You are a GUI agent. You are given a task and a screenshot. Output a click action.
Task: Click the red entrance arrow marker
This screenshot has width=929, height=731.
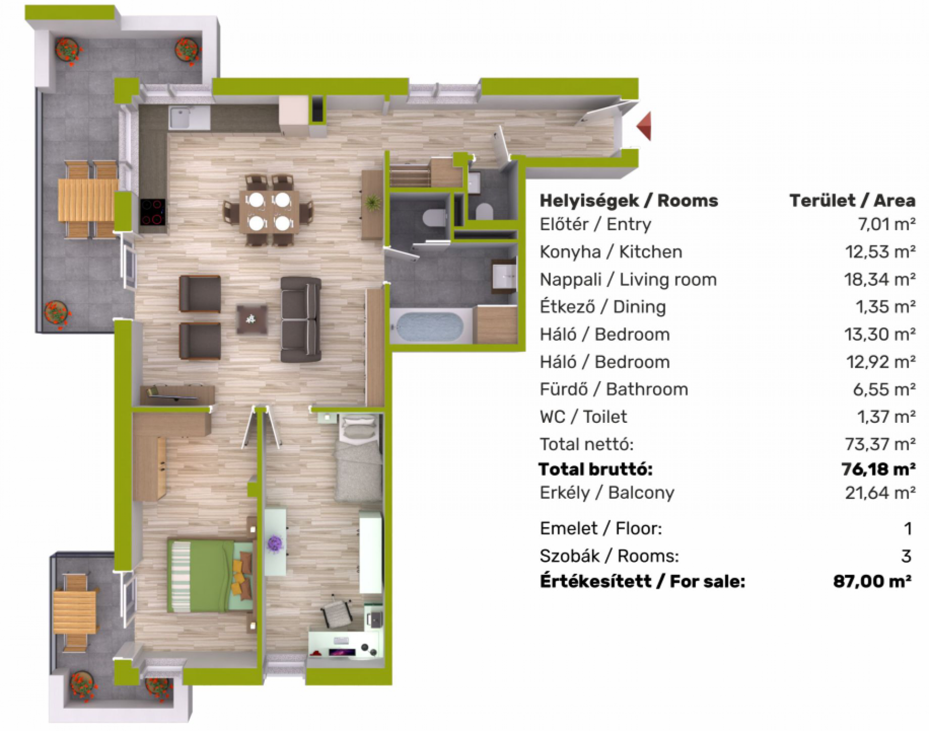tap(644, 126)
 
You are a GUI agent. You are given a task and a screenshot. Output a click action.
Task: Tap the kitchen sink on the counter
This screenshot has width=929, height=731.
tap(189, 118)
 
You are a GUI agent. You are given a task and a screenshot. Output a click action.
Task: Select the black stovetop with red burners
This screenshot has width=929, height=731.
tap(152, 212)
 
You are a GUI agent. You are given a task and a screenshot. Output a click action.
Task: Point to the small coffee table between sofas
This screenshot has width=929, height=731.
tap(252, 319)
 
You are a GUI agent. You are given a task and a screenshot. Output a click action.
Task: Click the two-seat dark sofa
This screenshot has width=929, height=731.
tap(301, 319)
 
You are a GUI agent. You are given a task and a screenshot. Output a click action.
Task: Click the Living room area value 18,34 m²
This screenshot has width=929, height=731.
tap(880, 280)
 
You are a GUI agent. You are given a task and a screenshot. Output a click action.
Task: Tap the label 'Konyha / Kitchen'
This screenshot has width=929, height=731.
tap(611, 252)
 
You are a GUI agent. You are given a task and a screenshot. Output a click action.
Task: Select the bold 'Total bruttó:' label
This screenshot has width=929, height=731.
tap(596, 469)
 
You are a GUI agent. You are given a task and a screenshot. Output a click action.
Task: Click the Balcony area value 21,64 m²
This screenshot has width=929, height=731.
tap(880, 492)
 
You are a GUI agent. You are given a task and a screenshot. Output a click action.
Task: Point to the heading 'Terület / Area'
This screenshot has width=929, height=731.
tap(852, 200)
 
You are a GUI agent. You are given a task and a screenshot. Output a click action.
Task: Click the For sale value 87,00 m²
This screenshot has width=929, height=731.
tap(872, 581)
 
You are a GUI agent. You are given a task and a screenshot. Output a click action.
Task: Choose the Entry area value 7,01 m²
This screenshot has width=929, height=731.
tap(885, 224)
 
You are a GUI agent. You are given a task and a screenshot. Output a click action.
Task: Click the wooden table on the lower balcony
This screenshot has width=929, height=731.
tap(75, 612)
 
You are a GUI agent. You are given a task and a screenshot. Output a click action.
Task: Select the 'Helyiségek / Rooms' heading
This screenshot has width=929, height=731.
tap(629, 200)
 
